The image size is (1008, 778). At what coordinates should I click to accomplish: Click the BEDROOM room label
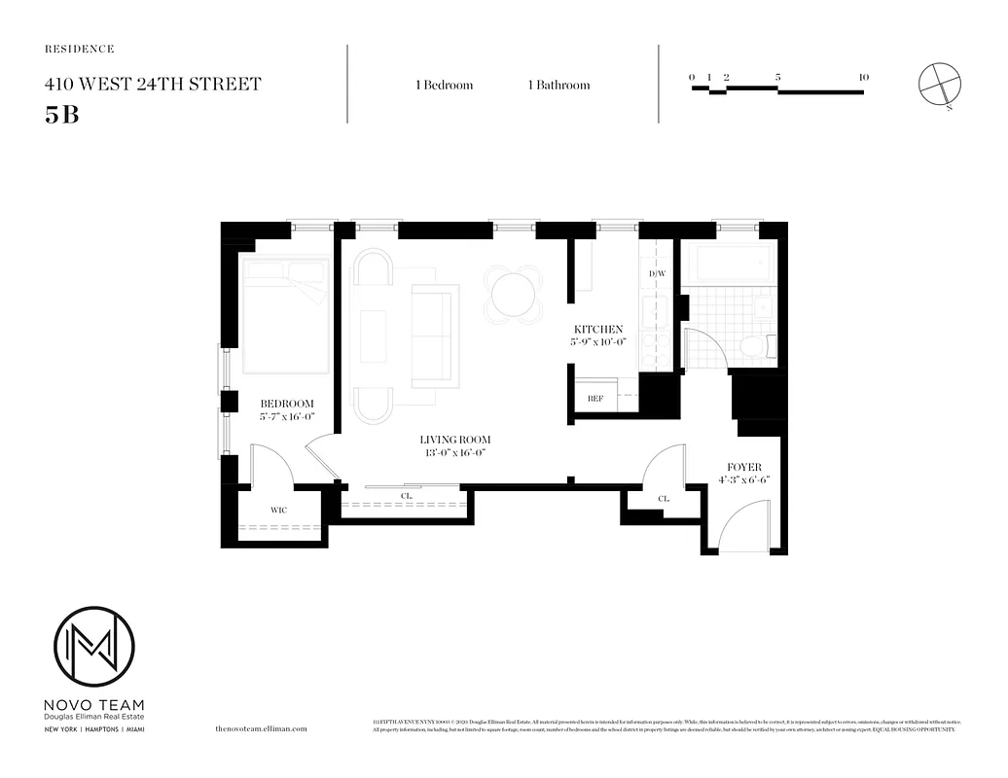(286, 404)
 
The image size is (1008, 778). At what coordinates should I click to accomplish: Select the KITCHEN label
(597, 330)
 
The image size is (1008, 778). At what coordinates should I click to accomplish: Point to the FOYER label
(744, 467)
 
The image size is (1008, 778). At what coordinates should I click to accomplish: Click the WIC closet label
(277, 508)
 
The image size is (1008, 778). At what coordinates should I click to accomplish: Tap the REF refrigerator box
(594, 398)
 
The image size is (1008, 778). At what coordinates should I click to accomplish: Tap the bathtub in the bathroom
(730, 262)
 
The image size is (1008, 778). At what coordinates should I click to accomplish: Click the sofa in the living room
(435, 336)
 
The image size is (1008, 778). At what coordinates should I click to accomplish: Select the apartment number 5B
(61, 114)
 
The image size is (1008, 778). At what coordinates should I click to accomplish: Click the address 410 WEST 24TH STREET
(153, 85)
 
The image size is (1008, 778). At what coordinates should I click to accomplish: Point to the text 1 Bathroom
(558, 86)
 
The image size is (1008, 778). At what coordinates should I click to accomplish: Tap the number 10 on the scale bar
(863, 77)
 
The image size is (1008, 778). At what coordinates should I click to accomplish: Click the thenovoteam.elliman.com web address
(260, 728)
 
